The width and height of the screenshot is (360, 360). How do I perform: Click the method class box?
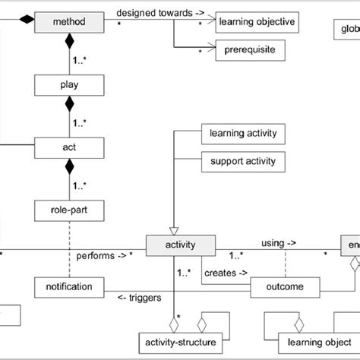[68, 23]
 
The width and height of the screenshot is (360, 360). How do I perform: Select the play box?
[68, 84]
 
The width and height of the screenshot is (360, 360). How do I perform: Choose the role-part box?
[68, 206]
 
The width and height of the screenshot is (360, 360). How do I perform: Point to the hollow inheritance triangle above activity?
[174, 229]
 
